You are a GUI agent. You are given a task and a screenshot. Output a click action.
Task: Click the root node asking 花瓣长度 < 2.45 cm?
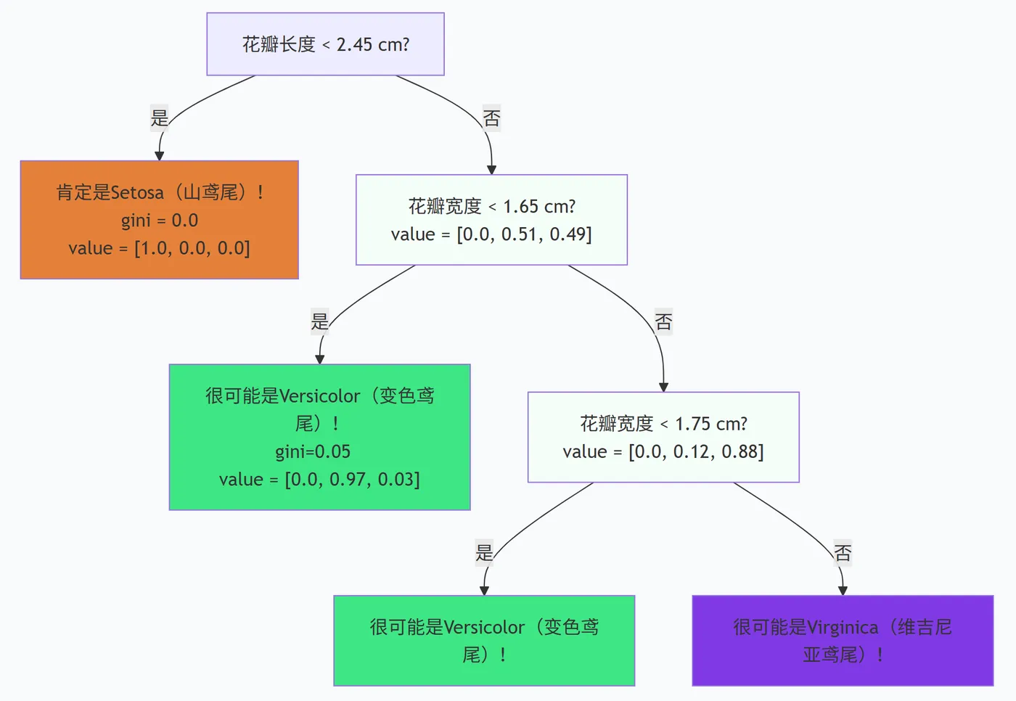[325, 44]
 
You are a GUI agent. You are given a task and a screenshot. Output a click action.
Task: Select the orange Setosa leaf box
[159, 220]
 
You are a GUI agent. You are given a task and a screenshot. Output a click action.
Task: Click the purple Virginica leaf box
[843, 641]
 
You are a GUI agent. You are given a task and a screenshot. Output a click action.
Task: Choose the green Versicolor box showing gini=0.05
[319, 437]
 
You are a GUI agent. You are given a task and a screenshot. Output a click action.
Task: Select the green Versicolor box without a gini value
[484, 641]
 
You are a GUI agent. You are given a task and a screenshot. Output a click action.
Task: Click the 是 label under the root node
[160, 117]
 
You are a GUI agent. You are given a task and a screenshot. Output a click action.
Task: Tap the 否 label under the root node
[491, 118]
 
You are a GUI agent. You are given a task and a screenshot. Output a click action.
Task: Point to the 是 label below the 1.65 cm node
[320, 321]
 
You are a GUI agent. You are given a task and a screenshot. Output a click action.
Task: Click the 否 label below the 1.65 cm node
[663, 321]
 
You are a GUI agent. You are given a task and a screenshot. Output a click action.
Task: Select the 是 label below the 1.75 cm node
[484, 552]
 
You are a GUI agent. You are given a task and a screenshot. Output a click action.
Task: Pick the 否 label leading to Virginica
[843, 553]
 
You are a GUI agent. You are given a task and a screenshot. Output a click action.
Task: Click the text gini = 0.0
[159, 221]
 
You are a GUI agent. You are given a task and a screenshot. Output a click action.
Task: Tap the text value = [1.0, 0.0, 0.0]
[159, 248]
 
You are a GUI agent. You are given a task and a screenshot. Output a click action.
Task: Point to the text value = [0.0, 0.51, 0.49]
[491, 234]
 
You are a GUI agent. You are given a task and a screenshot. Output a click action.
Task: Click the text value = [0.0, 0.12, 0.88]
[663, 451]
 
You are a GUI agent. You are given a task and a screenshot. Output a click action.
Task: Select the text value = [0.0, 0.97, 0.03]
[319, 480]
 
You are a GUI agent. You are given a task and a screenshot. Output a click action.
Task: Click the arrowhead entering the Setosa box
[159, 155]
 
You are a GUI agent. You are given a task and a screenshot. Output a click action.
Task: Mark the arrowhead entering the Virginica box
[843, 591]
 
